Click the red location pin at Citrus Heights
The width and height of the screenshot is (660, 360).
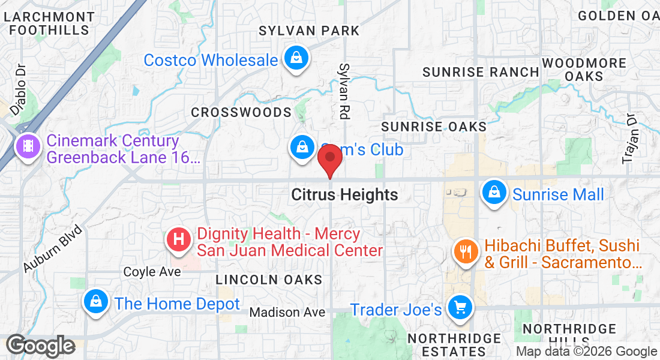(329, 159)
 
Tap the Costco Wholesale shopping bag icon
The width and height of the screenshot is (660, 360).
(296, 59)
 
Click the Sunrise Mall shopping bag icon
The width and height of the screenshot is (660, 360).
(493, 193)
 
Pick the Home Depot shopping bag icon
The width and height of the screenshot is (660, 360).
(95, 302)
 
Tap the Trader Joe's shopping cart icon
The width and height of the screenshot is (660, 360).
(460, 308)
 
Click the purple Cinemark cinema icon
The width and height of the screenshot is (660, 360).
(28, 146)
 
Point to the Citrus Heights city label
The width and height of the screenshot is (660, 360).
(344, 195)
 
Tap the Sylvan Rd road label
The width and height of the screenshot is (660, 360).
(344, 90)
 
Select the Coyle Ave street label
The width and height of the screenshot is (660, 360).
(152, 272)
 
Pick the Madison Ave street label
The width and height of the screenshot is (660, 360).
(287, 312)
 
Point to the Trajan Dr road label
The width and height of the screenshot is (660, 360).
(629, 139)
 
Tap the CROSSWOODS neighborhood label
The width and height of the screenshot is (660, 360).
(241, 113)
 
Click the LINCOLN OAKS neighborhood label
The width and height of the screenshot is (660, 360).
(269, 280)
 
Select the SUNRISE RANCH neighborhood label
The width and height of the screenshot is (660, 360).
(481, 72)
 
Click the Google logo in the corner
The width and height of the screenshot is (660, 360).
(40, 346)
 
